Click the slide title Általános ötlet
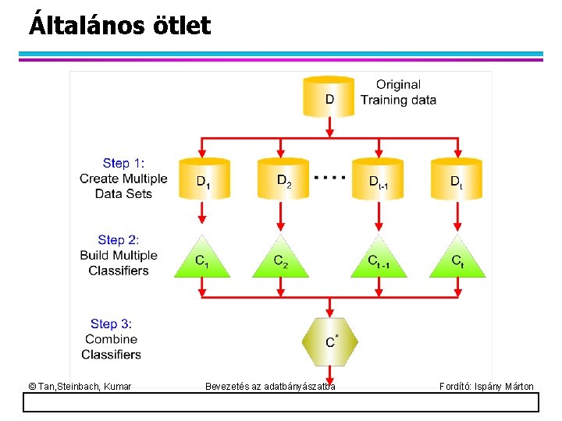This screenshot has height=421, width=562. click(x=119, y=26)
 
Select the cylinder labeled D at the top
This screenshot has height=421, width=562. click(x=329, y=97)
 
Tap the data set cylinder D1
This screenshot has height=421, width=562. click(x=202, y=179)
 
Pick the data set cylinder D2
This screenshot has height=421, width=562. click(x=283, y=179)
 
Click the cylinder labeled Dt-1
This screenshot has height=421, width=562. click(x=379, y=179)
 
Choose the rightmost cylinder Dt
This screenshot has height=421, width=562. click(x=457, y=179)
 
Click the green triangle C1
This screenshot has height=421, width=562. click(x=202, y=260)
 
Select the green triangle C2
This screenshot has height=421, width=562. click(x=281, y=260)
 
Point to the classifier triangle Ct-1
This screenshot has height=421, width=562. click(x=379, y=260)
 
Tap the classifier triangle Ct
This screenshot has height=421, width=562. click(x=457, y=260)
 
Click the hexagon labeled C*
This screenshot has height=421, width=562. click(x=330, y=340)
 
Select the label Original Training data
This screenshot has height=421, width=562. click(x=398, y=92)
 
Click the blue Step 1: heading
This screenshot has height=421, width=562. click(x=123, y=163)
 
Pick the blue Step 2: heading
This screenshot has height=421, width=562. click(x=119, y=240)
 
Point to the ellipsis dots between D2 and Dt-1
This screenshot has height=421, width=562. click(x=329, y=177)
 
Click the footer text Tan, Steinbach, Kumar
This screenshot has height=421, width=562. click(x=80, y=386)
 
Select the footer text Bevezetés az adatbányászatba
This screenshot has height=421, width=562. click(x=270, y=386)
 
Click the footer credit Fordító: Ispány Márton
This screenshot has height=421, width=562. click(x=486, y=386)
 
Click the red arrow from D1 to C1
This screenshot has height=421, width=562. click(x=202, y=212)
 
